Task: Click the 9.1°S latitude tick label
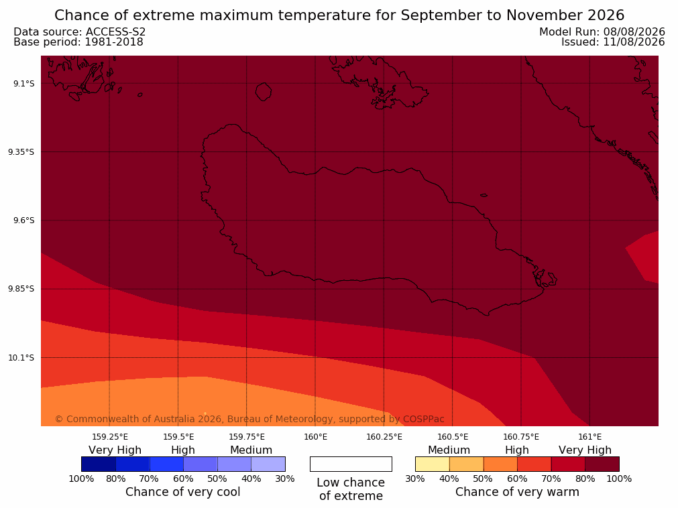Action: pos(24,83)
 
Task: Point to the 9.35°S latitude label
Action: pos(21,152)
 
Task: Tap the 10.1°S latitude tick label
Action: pos(21,358)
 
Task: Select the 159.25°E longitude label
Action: pos(110,437)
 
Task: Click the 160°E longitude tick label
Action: pos(316,437)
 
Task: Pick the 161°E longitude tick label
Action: pos(589,437)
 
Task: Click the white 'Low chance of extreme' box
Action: pos(351,464)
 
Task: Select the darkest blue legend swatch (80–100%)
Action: pos(99,464)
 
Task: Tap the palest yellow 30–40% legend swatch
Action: pos(433,464)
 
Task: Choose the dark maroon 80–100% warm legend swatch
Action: pos(602,464)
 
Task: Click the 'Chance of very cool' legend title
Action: pos(183,492)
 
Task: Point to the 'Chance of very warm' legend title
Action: pos(517,492)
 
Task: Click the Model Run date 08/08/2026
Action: pos(634,32)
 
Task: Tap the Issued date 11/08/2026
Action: pos(634,42)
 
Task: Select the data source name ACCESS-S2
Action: pos(115,32)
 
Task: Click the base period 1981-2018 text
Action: pos(114,42)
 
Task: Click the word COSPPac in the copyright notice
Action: pos(423,419)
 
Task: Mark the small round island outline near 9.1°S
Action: pos(264,92)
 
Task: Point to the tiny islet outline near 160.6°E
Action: pos(484,195)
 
